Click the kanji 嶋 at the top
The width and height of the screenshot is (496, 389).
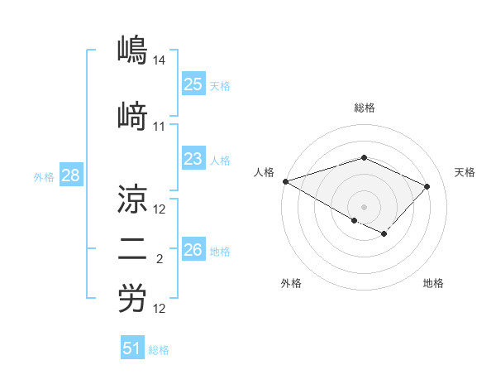point(131,50)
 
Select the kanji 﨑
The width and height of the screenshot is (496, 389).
point(131,117)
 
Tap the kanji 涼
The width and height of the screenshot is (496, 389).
point(131,199)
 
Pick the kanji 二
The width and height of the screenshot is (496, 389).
point(131,249)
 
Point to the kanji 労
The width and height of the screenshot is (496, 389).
point(131,300)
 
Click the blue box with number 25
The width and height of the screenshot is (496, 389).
point(193,84)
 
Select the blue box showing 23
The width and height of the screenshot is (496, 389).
point(193,159)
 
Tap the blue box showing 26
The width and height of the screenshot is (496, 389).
point(193,250)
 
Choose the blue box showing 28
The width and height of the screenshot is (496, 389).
point(69,176)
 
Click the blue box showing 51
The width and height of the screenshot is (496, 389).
point(132,348)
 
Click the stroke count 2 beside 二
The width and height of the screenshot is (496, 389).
point(160,260)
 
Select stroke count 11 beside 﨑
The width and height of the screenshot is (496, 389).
point(160,127)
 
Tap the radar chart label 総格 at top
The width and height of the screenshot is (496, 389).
point(364,108)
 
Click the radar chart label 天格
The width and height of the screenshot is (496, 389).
point(465,172)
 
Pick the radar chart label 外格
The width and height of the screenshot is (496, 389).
point(291,283)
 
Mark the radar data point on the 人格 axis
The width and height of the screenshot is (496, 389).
point(285,181)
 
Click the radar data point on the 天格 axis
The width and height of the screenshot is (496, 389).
point(427,186)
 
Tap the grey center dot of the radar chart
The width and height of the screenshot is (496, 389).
point(364,206)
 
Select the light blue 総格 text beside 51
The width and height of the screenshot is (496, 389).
point(159,350)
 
